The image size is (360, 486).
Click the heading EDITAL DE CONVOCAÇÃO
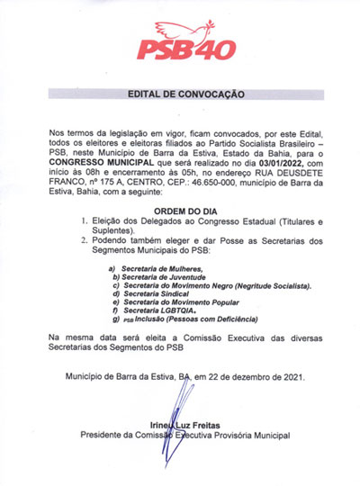tap(179, 93)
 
